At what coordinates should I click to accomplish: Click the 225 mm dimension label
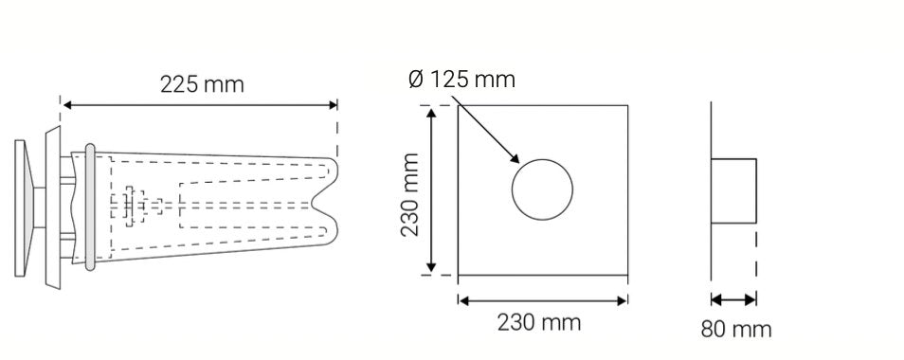tap(201, 84)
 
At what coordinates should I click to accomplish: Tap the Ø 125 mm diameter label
tap(461, 79)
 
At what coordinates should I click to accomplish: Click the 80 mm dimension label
tap(736, 329)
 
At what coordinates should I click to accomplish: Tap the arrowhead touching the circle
tap(515, 158)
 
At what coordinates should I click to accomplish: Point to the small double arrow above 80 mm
tap(734, 299)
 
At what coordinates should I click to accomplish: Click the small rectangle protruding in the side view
tap(734, 190)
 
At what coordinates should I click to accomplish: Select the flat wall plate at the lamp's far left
tap(20, 205)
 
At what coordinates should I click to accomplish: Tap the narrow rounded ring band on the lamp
tap(89, 208)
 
